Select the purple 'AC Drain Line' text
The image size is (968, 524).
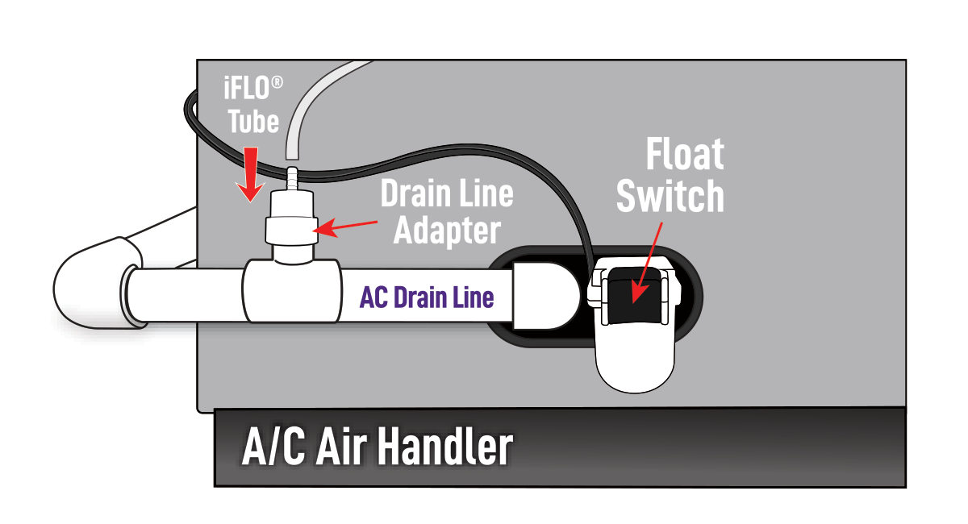click(427, 297)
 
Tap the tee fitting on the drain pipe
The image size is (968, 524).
click(290, 290)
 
